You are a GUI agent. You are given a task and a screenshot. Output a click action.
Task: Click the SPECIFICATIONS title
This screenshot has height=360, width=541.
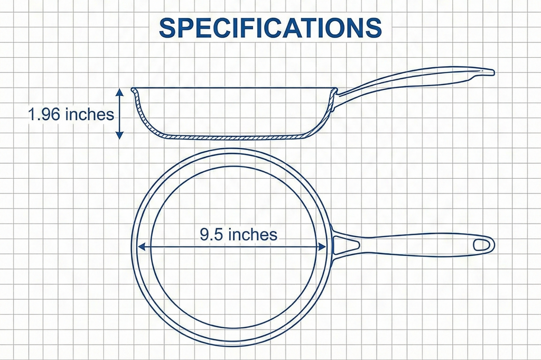coord(270,28)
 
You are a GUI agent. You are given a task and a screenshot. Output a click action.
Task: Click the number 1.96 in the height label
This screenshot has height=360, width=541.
coord(44,115)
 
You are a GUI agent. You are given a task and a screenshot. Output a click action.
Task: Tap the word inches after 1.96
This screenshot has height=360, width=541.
coord(90,115)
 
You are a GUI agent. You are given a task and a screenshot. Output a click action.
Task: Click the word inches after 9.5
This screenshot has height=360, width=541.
coord(253,234)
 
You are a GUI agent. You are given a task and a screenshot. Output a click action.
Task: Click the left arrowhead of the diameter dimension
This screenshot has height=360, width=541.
coord(141,246)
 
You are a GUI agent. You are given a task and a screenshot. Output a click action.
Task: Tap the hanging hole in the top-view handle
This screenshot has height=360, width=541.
coord(481,245)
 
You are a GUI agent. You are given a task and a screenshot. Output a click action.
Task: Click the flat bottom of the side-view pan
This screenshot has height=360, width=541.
coord(232,137)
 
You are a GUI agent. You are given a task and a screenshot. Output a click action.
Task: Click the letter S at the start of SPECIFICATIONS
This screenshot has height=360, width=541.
coord(167,28)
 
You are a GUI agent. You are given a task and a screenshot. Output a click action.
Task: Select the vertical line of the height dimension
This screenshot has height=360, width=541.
coord(120,114)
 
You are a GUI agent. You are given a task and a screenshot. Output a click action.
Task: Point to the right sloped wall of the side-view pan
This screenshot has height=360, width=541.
coord(323,119)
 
